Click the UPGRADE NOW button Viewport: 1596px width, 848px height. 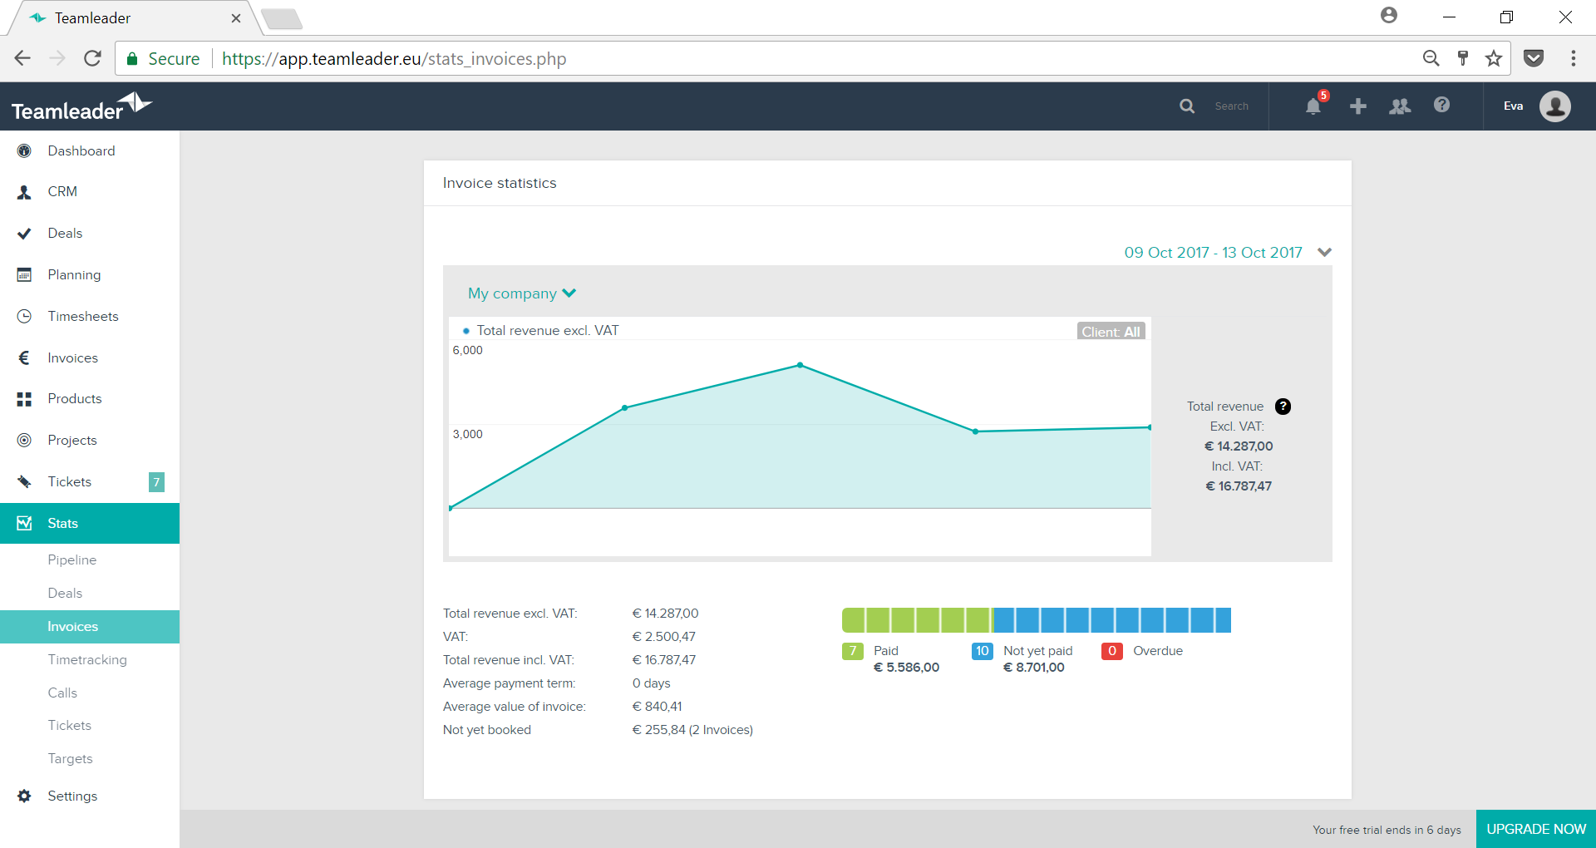point(1535,829)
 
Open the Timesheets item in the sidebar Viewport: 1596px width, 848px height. point(83,316)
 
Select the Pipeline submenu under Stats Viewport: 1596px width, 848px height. point(72,560)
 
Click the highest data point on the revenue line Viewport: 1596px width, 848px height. point(800,365)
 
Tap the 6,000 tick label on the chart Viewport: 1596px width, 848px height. point(467,350)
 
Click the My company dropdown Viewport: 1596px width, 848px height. point(522,293)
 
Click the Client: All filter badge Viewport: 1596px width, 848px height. point(1111,332)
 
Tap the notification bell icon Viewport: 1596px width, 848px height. point(1313,106)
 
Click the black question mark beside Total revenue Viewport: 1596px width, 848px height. point(1283,407)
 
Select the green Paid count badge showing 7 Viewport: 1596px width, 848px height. point(853,651)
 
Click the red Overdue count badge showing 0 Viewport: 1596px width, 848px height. point(1112,651)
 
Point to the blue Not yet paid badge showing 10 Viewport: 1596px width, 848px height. point(983,651)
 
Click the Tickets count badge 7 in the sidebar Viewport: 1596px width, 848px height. point(156,482)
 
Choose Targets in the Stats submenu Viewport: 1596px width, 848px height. point(71,758)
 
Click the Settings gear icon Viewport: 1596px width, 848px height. point(24,796)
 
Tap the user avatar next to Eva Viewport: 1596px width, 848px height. point(1554,106)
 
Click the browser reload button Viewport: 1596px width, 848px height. point(92,58)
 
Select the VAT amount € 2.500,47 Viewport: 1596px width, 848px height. point(664,637)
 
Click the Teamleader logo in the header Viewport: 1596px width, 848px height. point(81,107)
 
